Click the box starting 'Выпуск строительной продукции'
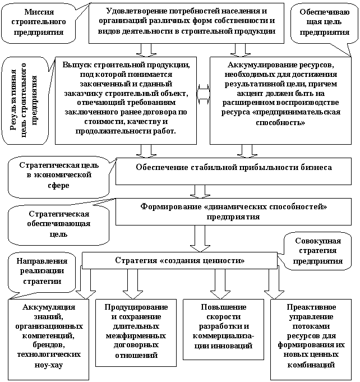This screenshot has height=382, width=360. coord(127,98)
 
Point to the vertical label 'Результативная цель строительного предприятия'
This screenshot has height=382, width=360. coord(24,99)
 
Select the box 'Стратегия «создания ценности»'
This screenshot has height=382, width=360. coord(179,261)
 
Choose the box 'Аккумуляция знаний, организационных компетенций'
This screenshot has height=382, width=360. coord(49,335)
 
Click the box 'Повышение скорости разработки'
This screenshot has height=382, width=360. coord(223,326)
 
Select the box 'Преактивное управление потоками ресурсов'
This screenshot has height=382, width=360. coord(311,335)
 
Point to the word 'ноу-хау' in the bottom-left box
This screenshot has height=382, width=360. coord(49,365)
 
